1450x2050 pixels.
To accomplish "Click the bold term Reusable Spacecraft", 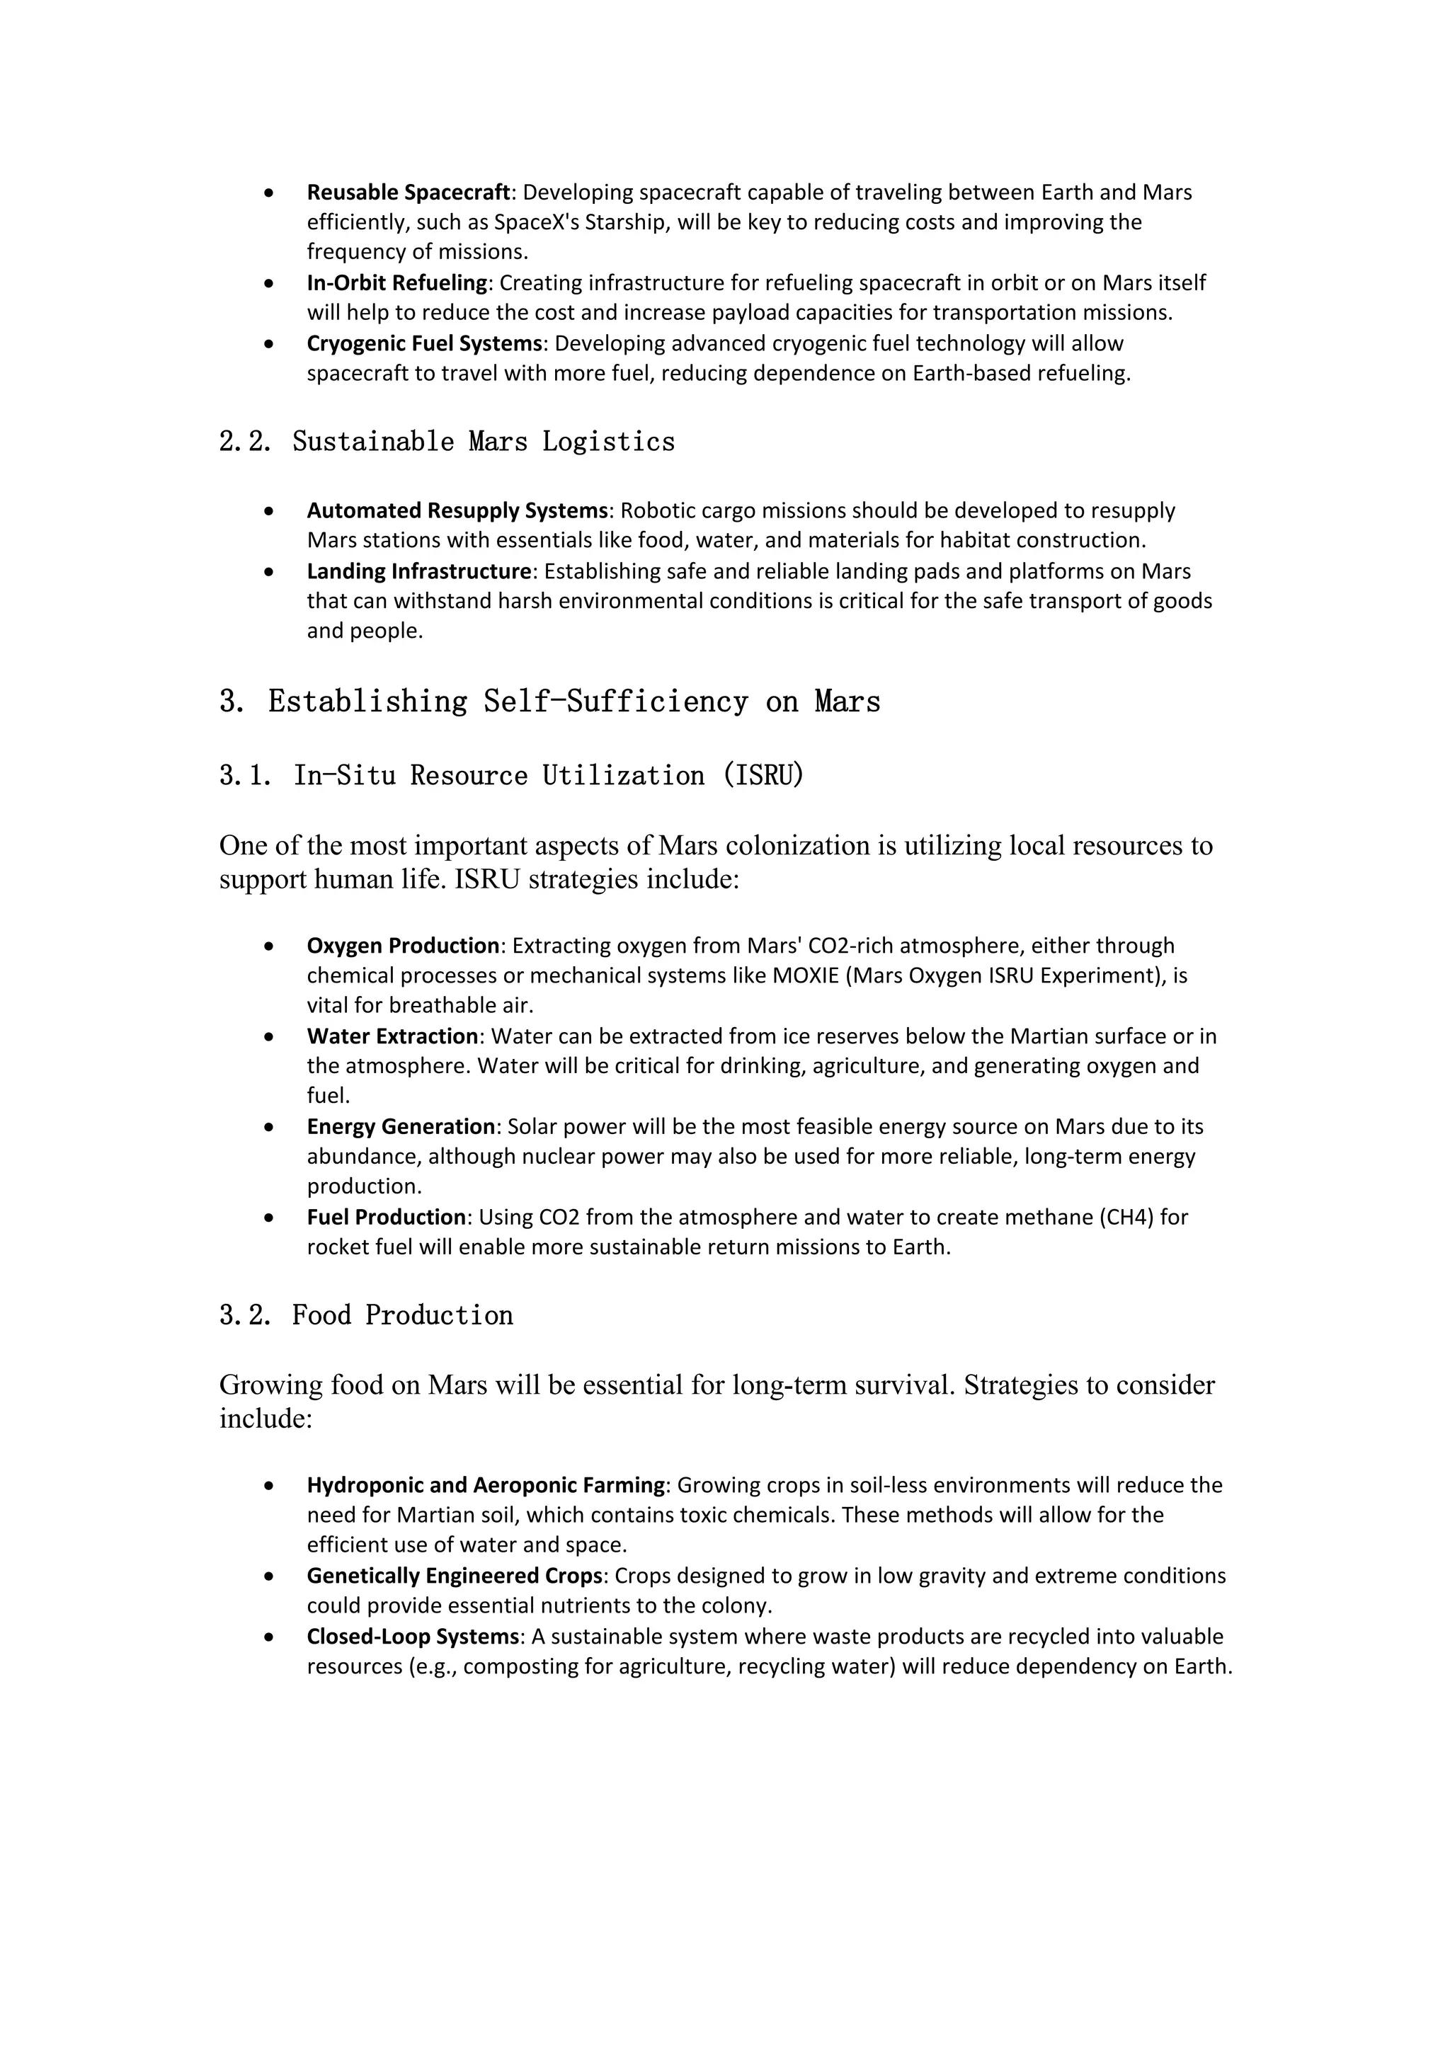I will tap(408, 193).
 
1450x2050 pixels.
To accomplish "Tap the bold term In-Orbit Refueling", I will tap(397, 283).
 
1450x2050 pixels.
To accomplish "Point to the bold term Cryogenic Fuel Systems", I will tap(424, 344).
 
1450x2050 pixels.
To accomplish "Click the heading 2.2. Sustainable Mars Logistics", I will tap(447, 441).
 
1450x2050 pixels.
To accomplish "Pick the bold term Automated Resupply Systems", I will tap(457, 510).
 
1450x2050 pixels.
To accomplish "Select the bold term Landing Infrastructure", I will tap(418, 571).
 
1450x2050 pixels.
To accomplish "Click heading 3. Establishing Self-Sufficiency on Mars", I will tap(549, 702).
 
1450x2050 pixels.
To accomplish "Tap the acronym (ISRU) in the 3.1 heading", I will tap(763, 775).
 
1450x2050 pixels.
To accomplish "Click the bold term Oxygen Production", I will tap(403, 946).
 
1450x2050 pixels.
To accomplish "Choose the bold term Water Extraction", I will tap(393, 1036).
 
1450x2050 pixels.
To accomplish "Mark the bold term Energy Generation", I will tap(401, 1127).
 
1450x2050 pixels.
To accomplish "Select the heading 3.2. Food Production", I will tap(366, 1315).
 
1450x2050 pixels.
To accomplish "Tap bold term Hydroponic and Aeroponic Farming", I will tap(486, 1485).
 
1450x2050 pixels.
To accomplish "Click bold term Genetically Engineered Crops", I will tap(455, 1576).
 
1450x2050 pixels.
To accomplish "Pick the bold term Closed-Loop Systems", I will tap(413, 1637).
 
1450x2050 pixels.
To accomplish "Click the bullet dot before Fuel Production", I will tap(269, 1218).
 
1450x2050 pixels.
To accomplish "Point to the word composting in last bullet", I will tap(516, 1667).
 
